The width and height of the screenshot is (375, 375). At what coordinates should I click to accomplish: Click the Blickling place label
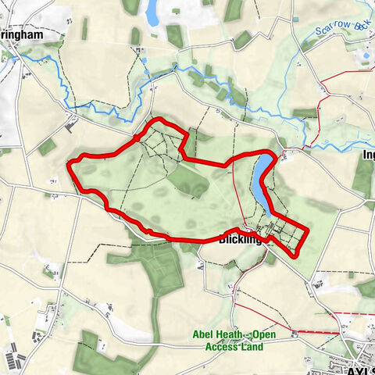click(238, 240)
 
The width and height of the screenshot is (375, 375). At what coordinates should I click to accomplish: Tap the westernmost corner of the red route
click(71, 163)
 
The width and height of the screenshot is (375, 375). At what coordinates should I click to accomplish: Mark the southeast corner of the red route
click(295, 254)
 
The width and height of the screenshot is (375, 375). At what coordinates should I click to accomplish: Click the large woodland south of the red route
click(156, 266)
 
